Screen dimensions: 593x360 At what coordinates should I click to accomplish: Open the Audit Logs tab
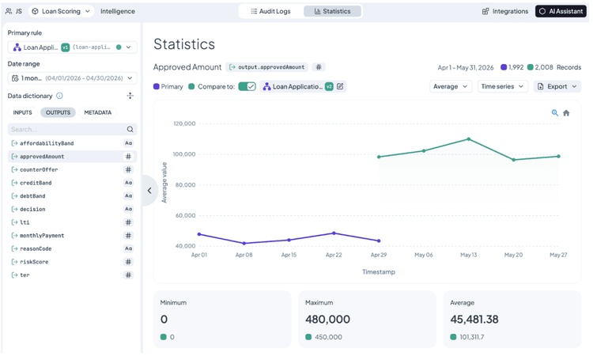point(270,11)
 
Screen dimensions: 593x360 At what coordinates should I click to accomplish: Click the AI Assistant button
point(561,11)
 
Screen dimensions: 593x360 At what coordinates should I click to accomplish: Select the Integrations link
point(505,11)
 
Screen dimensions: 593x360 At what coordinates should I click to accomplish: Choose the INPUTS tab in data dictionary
point(22,112)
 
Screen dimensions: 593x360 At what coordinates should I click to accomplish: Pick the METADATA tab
point(97,112)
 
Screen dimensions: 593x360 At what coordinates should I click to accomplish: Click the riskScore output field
point(34,262)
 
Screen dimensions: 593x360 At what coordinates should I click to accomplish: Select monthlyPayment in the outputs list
point(42,236)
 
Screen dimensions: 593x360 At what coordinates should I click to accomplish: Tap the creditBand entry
point(36,183)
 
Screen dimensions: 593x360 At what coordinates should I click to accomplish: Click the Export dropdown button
point(557,87)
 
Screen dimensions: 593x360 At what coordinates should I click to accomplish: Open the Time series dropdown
point(503,87)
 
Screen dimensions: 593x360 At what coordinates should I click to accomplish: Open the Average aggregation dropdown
point(451,87)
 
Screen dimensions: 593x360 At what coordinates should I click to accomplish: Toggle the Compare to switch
point(247,87)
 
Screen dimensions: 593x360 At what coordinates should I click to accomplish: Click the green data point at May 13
point(469,139)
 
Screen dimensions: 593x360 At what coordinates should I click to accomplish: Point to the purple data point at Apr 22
point(334,233)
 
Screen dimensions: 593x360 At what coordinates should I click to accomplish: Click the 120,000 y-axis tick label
point(184,123)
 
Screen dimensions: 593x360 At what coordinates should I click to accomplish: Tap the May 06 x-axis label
point(424,255)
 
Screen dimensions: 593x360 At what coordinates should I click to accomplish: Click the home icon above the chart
point(566,113)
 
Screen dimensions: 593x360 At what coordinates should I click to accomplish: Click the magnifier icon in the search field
point(130,130)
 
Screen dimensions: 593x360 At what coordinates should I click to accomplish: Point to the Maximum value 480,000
point(327,319)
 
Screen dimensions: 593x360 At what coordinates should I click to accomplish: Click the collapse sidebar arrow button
point(149,191)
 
